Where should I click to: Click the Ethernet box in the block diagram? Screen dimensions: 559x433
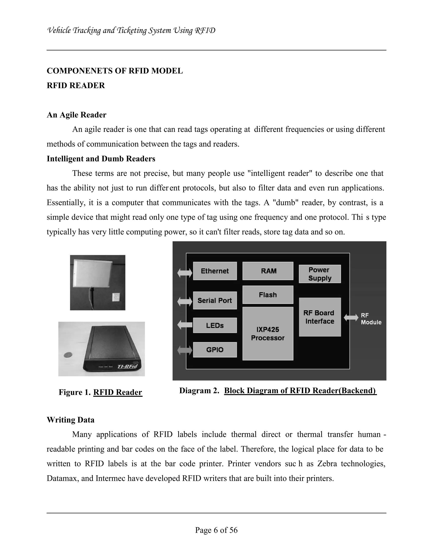tap(215, 271)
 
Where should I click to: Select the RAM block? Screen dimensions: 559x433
tap(268, 271)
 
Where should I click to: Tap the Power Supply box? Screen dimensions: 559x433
tap(320, 274)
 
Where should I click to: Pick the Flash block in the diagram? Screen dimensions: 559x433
tap(268, 295)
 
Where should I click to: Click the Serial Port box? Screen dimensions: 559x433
tap(215, 300)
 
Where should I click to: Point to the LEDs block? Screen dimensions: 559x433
tap(215, 325)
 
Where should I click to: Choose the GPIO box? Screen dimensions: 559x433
tap(215, 350)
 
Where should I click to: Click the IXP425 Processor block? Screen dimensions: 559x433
tap(268, 333)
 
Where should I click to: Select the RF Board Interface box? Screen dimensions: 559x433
tap(320, 317)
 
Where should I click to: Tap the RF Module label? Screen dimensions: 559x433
tap(371, 319)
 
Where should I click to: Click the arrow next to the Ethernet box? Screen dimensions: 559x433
tap(185, 273)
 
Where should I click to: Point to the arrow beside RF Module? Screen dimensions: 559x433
tap(351, 318)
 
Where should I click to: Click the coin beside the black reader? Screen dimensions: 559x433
tap(68, 355)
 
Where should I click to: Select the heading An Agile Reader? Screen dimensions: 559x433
tap(76, 115)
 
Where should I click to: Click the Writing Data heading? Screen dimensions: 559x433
tap(70, 420)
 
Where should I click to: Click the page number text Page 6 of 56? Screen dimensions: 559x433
tap(216, 530)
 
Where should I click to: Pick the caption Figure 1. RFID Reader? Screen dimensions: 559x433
tap(100, 392)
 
